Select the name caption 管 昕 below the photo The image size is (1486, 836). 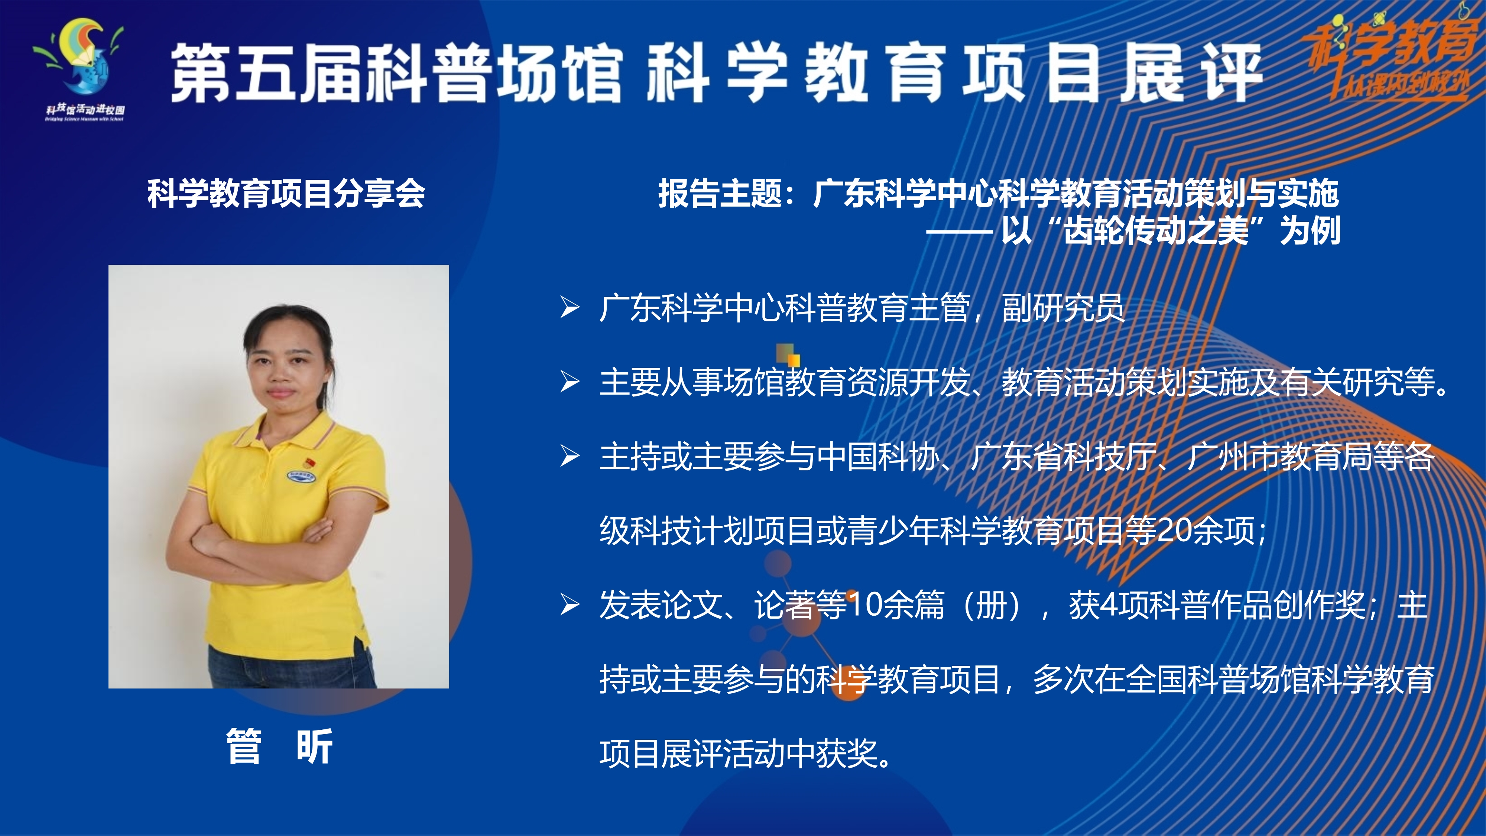(x=280, y=746)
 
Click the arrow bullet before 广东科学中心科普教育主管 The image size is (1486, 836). (x=570, y=308)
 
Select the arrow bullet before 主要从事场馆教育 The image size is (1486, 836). (x=570, y=382)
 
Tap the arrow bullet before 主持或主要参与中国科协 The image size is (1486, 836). (x=570, y=456)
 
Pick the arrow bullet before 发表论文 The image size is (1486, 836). (x=570, y=605)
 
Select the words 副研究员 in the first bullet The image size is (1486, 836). (x=1063, y=308)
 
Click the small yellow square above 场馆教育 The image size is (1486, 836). (x=794, y=360)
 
